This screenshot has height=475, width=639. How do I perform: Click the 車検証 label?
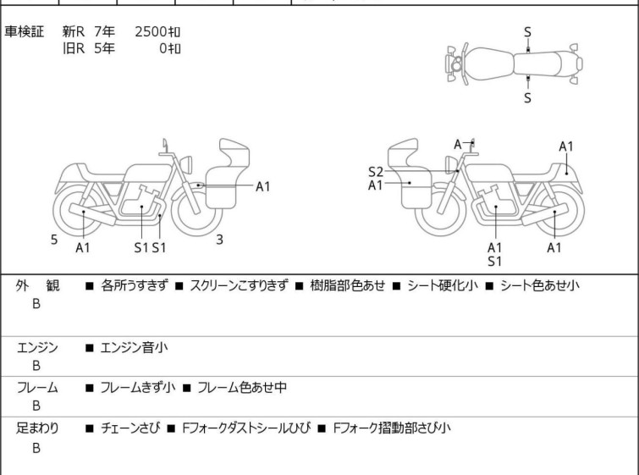point(24,32)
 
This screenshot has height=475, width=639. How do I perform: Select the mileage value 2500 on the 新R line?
point(151,32)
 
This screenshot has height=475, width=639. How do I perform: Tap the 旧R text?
point(74,48)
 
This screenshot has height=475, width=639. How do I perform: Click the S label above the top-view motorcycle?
point(527,32)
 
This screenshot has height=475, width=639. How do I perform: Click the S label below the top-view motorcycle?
point(527,98)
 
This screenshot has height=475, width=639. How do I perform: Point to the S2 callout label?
point(376,172)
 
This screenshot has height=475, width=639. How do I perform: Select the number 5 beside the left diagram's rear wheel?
point(54,240)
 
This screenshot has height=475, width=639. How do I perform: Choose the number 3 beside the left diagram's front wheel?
point(219,240)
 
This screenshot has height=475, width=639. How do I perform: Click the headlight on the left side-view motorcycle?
point(186,164)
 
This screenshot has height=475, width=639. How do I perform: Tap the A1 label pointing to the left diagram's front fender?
point(263,187)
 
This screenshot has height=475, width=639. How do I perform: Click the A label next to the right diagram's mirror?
point(458,144)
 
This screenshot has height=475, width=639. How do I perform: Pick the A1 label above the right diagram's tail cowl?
point(566,146)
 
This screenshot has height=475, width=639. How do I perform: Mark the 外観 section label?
point(37,286)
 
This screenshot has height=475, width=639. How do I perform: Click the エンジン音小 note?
point(134,348)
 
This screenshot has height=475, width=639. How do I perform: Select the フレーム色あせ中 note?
point(242,387)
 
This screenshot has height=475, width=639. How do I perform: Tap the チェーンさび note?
point(130,428)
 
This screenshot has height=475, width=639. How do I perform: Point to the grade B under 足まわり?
point(36,448)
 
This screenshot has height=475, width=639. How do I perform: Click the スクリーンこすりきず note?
point(239,285)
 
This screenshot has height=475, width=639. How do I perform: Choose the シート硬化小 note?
point(443,285)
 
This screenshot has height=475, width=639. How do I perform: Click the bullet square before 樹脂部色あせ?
point(299,286)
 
